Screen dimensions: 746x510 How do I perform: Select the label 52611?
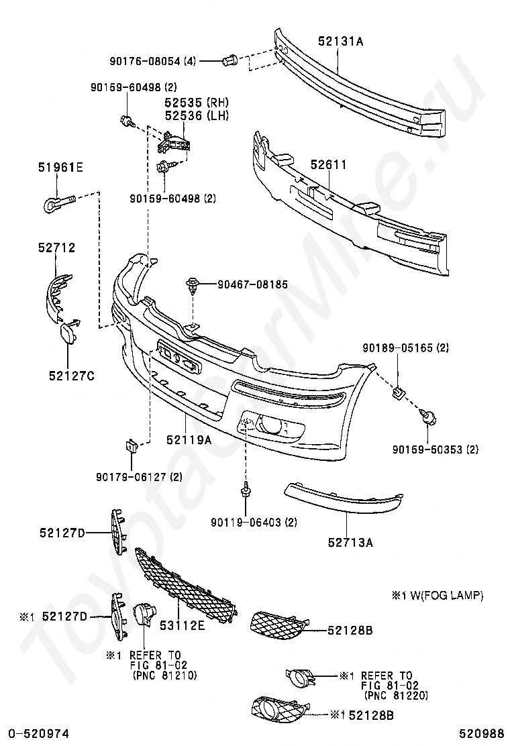click(328, 164)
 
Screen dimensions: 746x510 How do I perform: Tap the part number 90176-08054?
click(145, 61)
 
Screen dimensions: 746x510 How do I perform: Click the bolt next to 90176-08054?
click(229, 60)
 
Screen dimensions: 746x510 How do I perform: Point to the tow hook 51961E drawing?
click(58, 201)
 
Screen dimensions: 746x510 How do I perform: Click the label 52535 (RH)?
click(197, 103)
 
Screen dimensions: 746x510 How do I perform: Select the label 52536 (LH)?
click(197, 115)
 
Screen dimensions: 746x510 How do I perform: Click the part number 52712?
click(56, 248)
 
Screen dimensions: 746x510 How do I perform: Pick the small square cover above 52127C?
click(70, 333)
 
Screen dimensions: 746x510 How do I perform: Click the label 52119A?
click(189, 440)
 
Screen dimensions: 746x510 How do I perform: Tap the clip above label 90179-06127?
click(131, 445)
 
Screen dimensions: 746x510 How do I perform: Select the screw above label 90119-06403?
click(246, 491)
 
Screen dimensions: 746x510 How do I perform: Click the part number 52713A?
click(350, 542)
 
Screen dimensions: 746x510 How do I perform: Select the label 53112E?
click(182, 625)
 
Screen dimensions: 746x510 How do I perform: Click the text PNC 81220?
click(394, 695)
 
